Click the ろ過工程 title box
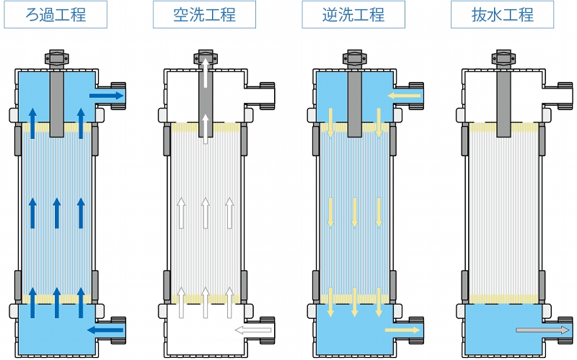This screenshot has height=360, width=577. tap(56, 14)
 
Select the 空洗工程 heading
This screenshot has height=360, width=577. tap(204, 14)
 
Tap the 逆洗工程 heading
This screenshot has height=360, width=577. tap(353, 14)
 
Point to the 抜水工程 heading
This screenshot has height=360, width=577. tap(502, 14)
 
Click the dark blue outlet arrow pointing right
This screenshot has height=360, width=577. tap(106, 96)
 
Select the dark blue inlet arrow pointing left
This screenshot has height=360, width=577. tap(105, 330)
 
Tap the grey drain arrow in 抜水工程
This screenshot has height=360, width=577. tap(542, 330)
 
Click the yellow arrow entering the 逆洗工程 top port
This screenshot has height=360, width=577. tap(404, 96)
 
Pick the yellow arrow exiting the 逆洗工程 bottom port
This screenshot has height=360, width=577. tap(402, 330)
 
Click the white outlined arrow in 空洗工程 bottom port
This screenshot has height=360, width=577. tap(253, 330)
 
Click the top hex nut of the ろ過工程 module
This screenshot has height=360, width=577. tap(57, 58)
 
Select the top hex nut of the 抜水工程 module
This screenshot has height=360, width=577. tap(503, 58)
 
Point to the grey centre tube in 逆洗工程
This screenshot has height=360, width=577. tap(354, 104)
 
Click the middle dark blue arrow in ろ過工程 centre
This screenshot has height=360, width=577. tap(57, 213)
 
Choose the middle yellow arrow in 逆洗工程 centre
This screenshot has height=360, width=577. tap(354, 212)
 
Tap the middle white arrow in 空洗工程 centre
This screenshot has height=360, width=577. tap(206, 213)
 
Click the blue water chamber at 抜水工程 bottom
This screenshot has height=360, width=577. tap(503, 330)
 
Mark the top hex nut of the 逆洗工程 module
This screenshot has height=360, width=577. tap(354, 58)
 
